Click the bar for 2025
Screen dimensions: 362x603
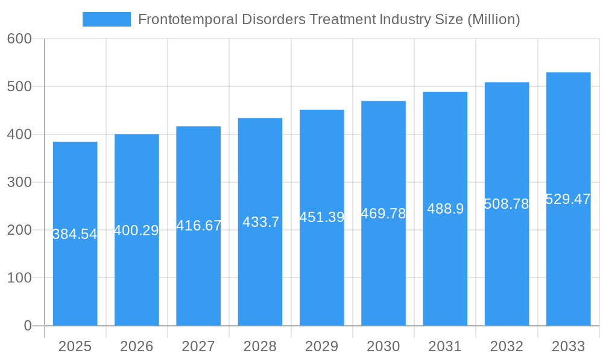(75, 271)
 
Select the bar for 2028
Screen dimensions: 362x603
(260, 271)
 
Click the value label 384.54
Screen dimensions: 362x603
(75, 234)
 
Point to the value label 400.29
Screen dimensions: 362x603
(136, 230)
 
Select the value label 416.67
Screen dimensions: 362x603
(198, 226)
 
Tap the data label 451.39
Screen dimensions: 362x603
(321, 217)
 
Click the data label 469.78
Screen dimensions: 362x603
(384, 214)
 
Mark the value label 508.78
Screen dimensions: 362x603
(507, 204)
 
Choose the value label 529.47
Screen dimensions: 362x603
(568, 199)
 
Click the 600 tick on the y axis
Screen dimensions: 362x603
(19, 39)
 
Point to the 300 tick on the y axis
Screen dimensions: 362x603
(19, 182)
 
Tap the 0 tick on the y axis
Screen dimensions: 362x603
(27, 326)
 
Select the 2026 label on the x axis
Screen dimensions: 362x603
(136, 346)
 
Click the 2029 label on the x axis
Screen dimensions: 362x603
(321, 346)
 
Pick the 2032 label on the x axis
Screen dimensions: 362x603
(507, 346)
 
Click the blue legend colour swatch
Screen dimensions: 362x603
(106, 19)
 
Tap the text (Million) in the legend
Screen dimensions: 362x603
(493, 19)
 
